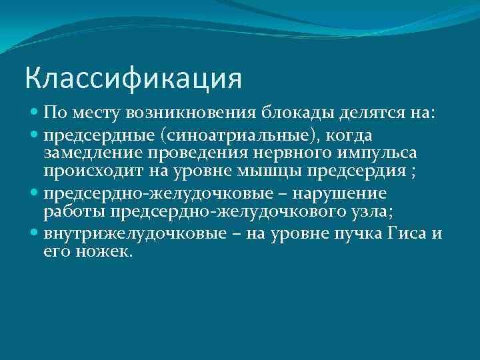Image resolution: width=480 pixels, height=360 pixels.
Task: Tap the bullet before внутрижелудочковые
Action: tap(34, 234)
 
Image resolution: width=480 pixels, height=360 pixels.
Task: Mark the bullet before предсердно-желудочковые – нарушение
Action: tap(34, 193)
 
